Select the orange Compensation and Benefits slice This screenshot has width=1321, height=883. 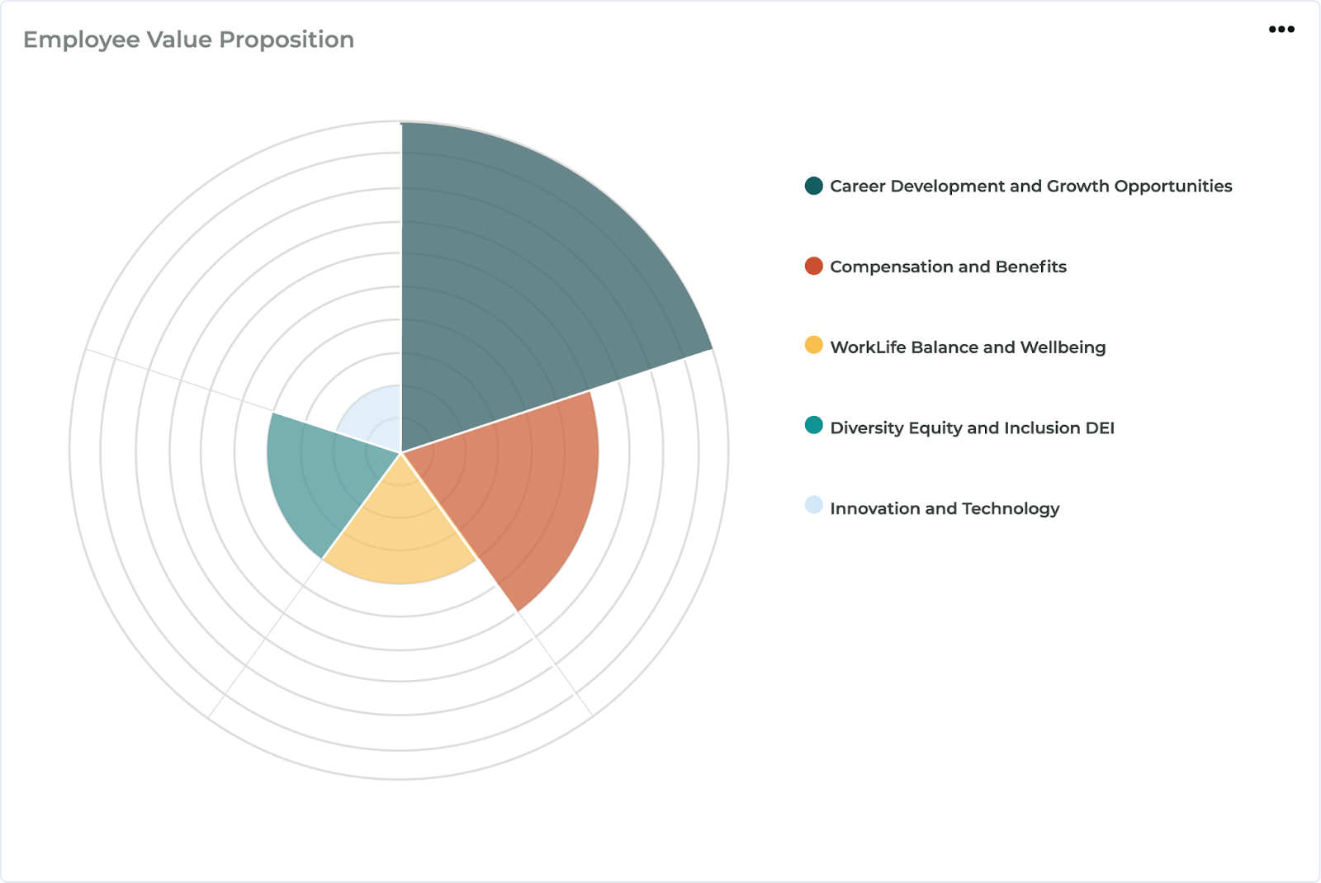pos(520,495)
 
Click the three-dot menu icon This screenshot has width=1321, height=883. pos(1281,30)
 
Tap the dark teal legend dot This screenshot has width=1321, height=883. pos(814,186)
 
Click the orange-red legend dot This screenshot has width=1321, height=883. pos(814,266)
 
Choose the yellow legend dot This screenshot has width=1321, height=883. pos(814,345)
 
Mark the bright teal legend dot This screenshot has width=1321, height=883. pos(814,426)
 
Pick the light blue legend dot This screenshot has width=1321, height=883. pos(814,505)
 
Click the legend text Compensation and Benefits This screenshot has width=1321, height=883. pos(948,267)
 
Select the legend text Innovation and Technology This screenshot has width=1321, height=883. pos(945,508)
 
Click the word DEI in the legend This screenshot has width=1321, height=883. pos(1100,427)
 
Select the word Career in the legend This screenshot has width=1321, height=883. pos(857,187)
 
